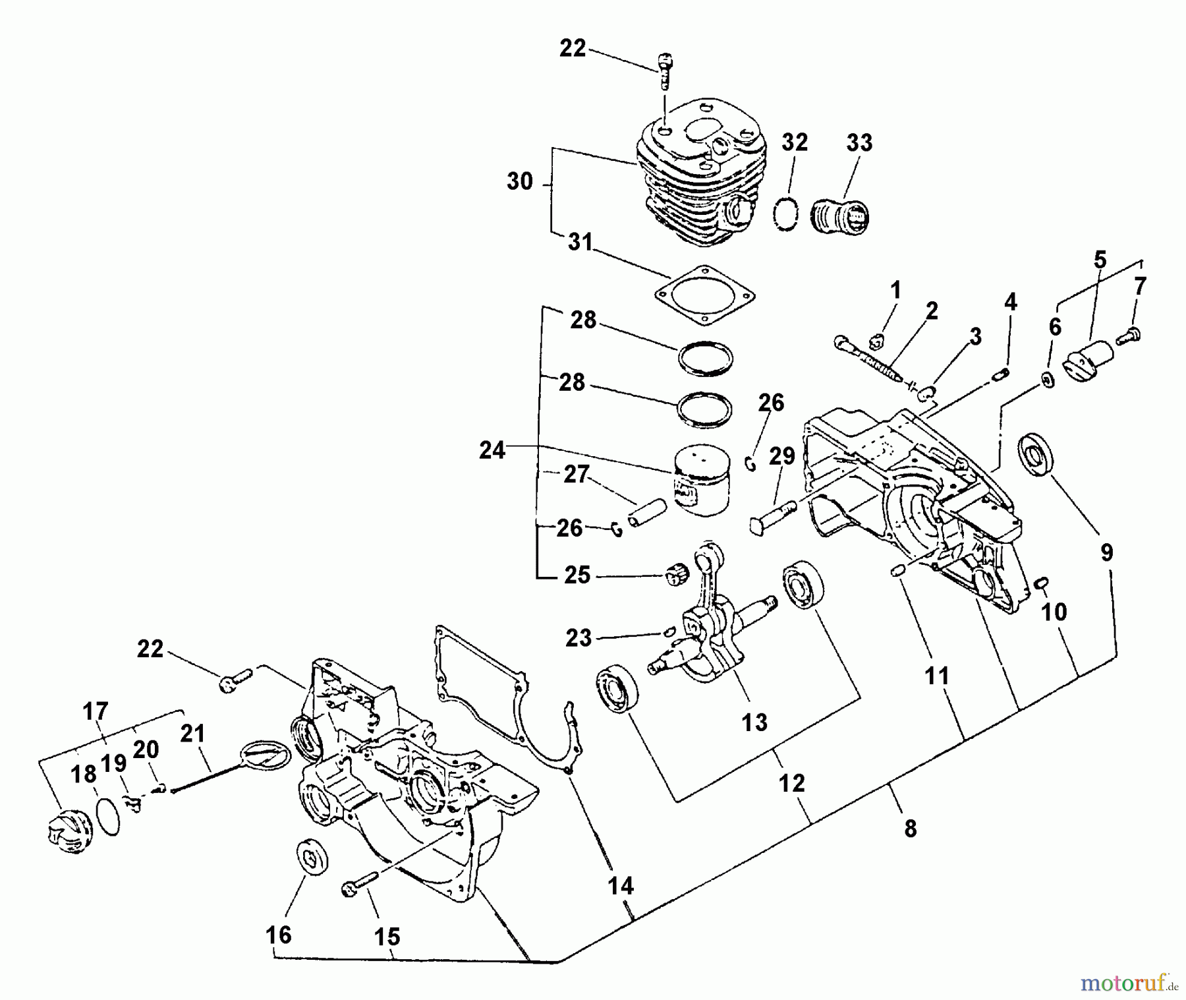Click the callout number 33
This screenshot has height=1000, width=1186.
tap(859, 143)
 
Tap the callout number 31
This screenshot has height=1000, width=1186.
tap(580, 243)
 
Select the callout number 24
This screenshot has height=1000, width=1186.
tap(493, 451)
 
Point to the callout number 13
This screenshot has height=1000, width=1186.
tap(754, 722)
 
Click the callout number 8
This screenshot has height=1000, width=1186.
tap(910, 829)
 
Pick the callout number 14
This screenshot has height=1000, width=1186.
tap(620, 886)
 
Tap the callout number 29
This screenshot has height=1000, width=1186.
tap(782, 456)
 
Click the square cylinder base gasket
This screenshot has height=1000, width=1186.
tap(705, 295)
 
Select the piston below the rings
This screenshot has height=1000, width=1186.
tap(703, 479)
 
